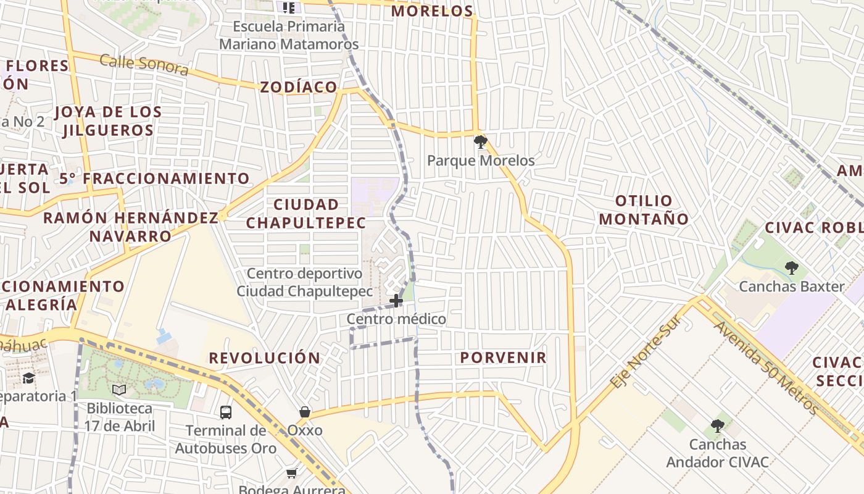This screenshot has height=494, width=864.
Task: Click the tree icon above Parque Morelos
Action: pyautogui.click(x=480, y=143)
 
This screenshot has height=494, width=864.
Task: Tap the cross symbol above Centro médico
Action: pyautogui.click(x=396, y=301)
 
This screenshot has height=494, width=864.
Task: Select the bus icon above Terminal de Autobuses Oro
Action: pyautogui.click(x=226, y=412)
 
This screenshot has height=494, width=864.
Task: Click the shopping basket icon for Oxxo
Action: pyautogui.click(x=305, y=412)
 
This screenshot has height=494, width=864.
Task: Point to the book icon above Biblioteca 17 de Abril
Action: pyautogui.click(x=119, y=390)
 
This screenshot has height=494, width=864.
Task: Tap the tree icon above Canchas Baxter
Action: pyautogui.click(x=791, y=268)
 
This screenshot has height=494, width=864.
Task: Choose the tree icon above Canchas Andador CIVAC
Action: pyautogui.click(x=717, y=426)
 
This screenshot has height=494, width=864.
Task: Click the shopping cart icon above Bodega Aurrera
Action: pyautogui.click(x=291, y=474)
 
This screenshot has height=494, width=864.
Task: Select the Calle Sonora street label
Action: pyautogui.click(x=144, y=64)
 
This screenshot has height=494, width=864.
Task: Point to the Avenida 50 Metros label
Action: pyautogui.click(x=765, y=367)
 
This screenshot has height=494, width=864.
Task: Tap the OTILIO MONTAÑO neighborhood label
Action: pyautogui.click(x=644, y=210)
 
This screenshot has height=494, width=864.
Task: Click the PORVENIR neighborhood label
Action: pyautogui.click(x=503, y=358)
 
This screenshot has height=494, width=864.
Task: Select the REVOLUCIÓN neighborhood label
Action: pyautogui.click(x=265, y=358)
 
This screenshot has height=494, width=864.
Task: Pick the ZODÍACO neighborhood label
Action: pyautogui.click(x=299, y=87)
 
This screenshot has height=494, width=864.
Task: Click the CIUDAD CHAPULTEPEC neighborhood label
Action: pyautogui.click(x=307, y=214)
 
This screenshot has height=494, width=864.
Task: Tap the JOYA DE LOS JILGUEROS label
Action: pyautogui.click(x=108, y=121)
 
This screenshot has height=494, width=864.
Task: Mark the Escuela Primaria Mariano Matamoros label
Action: pyautogui.click(x=289, y=35)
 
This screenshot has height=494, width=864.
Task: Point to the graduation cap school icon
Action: pyautogui.click(x=28, y=378)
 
